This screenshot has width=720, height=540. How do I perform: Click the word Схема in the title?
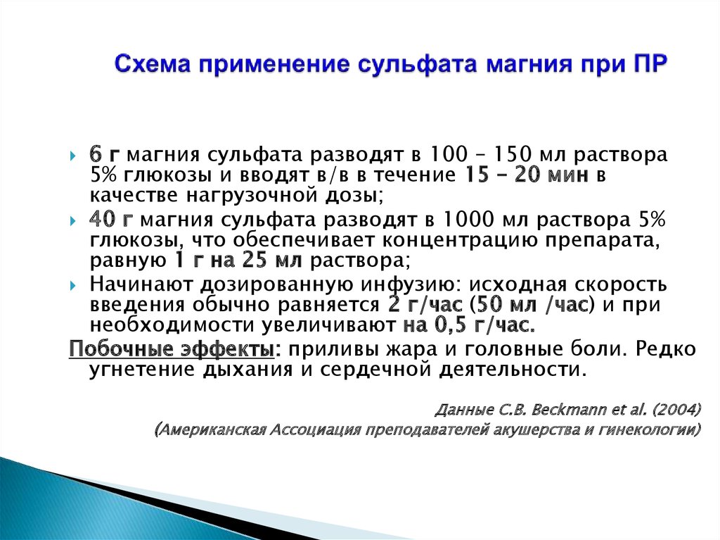point(153,63)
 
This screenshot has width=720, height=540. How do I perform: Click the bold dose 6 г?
point(104,155)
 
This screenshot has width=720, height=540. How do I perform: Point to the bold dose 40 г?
point(111,220)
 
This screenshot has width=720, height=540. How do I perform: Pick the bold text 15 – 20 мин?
point(527,175)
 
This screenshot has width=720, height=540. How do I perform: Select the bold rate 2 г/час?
point(425,304)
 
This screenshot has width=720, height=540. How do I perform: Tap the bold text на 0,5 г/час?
point(469,325)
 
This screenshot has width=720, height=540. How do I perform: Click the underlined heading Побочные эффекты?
point(172,349)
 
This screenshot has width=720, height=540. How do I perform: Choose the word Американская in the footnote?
point(212,429)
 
